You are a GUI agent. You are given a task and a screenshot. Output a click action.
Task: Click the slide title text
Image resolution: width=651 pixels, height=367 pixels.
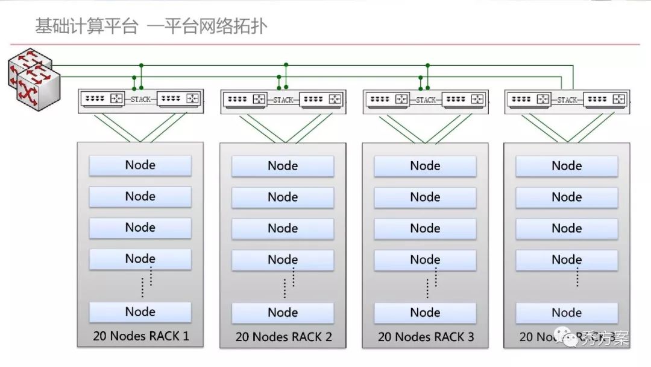point(151,27)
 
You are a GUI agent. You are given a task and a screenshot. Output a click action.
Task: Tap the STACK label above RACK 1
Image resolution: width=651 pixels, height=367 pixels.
point(141,100)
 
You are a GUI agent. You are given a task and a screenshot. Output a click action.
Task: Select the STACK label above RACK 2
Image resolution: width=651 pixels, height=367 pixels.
point(283,100)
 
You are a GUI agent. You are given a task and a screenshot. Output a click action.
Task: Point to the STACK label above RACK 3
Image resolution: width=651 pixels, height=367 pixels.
point(426,100)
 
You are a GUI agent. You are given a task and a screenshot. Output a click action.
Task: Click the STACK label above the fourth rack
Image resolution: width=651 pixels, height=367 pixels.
point(567,100)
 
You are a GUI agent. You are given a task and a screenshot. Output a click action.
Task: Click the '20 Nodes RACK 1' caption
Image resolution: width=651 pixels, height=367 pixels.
point(140,336)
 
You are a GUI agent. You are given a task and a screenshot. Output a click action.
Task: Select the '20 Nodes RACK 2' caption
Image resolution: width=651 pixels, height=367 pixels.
point(283,337)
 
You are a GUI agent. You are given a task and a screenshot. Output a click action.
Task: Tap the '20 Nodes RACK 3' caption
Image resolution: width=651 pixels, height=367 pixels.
point(426,337)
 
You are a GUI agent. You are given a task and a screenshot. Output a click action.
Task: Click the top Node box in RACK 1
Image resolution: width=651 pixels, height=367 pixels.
point(140,165)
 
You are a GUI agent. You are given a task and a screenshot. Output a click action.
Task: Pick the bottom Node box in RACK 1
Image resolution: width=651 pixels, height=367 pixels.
point(140,311)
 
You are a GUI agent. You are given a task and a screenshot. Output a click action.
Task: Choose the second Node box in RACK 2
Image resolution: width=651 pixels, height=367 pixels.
point(283,197)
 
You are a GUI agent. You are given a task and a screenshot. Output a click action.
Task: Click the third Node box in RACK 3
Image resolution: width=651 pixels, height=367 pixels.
point(425,228)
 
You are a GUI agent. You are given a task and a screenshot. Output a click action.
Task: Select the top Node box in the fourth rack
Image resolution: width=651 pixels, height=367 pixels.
point(567,165)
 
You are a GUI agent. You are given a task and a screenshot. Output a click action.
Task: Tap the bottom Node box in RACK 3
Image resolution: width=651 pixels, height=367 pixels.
point(425,312)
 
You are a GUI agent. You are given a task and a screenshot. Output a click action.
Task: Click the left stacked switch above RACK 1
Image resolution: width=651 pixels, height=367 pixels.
point(104,99)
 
